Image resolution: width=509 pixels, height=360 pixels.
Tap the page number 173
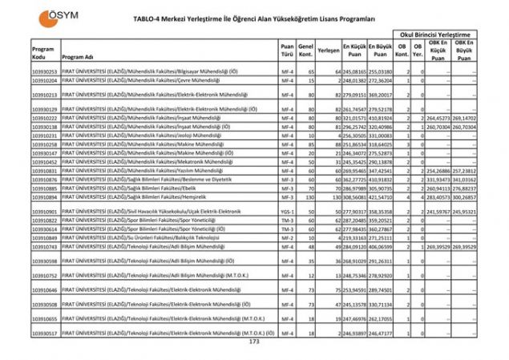pos(255,342)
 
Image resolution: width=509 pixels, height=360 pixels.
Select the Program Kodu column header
pos(43,53)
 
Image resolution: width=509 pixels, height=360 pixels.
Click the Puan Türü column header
pos(286,53)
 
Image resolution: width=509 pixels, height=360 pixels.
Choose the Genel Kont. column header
pos(305,53)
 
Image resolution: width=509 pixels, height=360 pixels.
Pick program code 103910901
pos(44,211)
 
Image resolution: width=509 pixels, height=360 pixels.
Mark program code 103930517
pos(44,332)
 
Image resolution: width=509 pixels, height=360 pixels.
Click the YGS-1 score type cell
pos(286,211)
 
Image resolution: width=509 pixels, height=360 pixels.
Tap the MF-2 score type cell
pos(286,238)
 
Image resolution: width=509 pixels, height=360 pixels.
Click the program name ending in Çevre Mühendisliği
pos(121,81)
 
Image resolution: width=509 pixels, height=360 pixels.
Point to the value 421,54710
pos(380,196)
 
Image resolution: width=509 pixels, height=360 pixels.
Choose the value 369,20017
pos(380,95)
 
